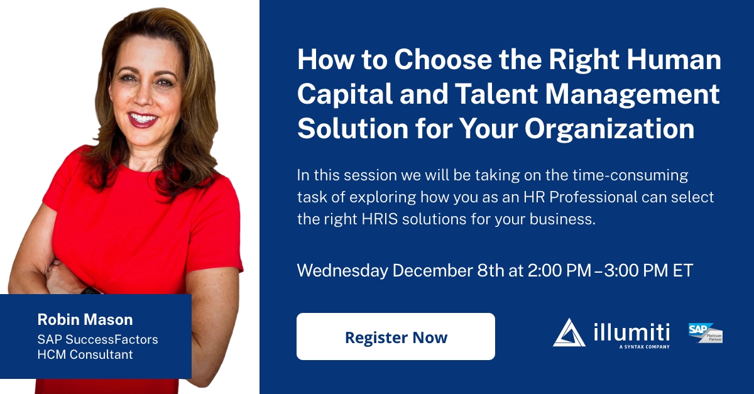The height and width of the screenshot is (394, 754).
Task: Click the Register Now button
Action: point(396,337)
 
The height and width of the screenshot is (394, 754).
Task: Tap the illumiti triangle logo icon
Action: point(569,332)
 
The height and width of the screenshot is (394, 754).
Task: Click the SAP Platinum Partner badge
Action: point(705,332)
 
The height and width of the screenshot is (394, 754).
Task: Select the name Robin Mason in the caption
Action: point(85,319)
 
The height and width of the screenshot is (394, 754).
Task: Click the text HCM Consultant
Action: point(85,354)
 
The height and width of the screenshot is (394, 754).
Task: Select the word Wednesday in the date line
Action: point(342,270)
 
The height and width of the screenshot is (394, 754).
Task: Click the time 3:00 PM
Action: point(634,270)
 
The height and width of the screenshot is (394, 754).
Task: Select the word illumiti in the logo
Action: point(631,331)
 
